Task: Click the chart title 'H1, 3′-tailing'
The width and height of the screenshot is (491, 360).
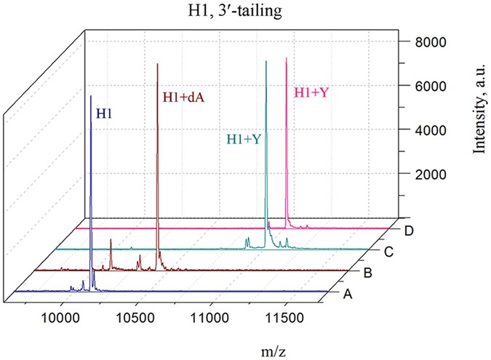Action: (x=245, y=9)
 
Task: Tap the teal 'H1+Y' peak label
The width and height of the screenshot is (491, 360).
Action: (x=244, y=140)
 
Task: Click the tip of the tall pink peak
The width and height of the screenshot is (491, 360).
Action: (x=286, y=60)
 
